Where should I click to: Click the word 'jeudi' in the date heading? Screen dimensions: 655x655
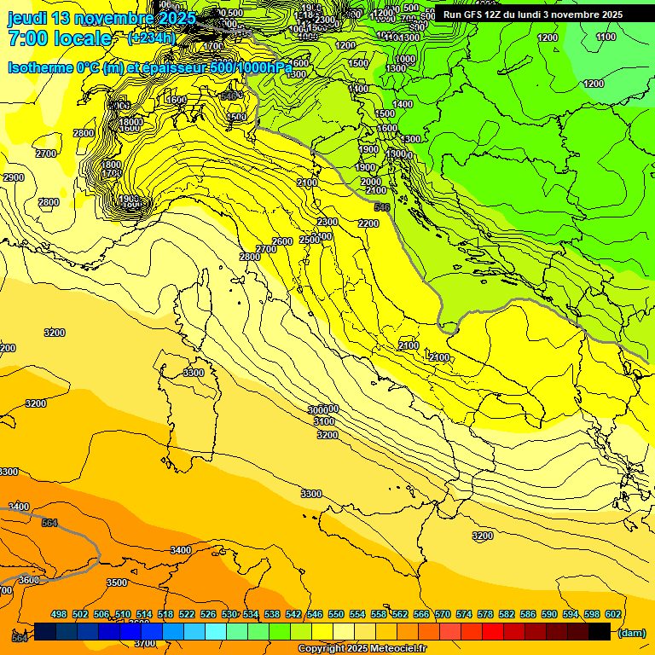tap(28, 18)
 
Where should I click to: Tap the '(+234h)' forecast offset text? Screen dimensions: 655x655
tap(151, 38)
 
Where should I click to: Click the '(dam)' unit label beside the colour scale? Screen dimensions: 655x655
tap(630, 632)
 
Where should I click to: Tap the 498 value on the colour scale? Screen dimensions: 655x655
tap(59, 614)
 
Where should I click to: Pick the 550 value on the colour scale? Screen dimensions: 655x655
tap(336, 614)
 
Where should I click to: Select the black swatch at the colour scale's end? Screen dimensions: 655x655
tap(600, 631)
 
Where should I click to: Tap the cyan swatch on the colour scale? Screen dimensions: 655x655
tap(216, 631)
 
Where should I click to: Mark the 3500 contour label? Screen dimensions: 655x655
tap(117, 583)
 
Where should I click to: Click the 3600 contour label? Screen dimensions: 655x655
tap(29, 580)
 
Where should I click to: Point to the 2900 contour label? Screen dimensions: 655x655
tap(14, 177)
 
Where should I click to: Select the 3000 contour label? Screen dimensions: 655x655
tap(319, 410)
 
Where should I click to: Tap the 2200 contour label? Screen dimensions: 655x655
tap(368, 223)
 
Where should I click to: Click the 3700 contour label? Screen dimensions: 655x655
tap(145, 642)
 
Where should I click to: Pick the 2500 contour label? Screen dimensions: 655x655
tap(310, 241)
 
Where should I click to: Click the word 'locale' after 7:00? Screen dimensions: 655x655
tap(80, 39)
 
